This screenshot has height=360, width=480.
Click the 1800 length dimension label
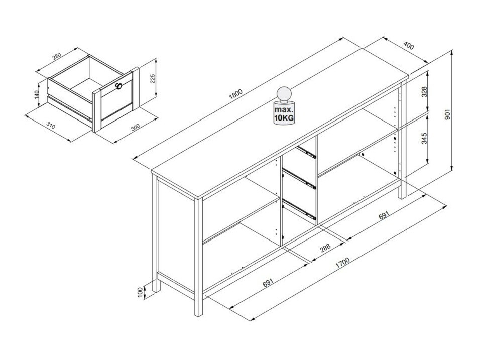[235, 94]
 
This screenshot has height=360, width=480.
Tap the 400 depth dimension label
[408, 46]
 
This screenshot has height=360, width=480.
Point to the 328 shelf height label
[424, 92]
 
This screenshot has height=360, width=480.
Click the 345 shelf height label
[424, 138]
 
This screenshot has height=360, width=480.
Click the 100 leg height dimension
[141, 292]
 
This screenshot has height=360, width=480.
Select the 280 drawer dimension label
[57, 56]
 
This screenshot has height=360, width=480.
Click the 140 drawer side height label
[37, 95]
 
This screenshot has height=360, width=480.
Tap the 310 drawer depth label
[51, 125]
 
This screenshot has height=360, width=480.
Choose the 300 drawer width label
[135, 127]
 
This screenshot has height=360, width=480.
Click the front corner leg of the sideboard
[199, 258]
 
